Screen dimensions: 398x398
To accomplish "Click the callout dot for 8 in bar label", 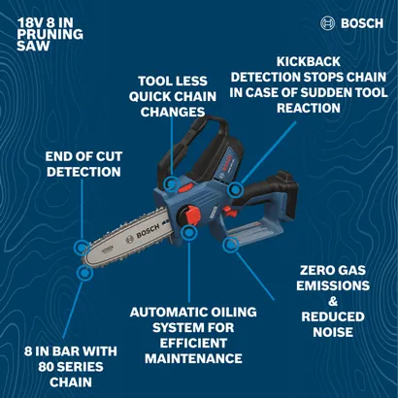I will pyautogui.click(x=84, y=275).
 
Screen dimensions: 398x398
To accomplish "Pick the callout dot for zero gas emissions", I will pyautogui.click(x=231, y=247).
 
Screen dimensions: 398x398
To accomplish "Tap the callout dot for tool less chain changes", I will pyautogui.click(x=172, y=182).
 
